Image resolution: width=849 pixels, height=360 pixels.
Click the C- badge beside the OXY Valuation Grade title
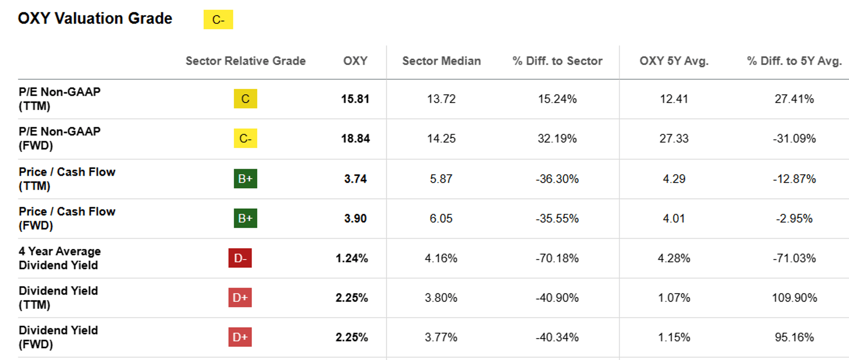point(218,20)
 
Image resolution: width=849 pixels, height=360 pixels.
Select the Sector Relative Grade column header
point(245,61)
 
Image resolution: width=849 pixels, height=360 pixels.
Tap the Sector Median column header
point(441,61)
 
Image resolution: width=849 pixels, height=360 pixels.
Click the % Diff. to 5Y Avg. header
point(794,61)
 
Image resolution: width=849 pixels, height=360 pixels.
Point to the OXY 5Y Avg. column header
point(674,61)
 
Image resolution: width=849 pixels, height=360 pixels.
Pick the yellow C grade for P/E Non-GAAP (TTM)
point(245,99)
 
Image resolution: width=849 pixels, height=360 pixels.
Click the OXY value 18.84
point(355,138)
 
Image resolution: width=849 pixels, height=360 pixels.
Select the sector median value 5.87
point(441,179)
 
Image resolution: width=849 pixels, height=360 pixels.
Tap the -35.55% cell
point(557,218)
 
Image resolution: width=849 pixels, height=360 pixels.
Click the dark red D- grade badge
point(240,258)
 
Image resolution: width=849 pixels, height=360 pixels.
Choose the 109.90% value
point(794,298)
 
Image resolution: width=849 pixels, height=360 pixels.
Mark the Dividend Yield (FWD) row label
point(58,337)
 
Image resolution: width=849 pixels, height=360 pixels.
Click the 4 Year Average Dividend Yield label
point(60,258)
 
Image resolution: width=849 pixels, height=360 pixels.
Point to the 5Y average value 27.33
point(674,138)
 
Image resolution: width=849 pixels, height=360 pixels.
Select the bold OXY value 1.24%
point(351,258)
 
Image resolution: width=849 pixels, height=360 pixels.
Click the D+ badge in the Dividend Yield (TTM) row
point(240,298)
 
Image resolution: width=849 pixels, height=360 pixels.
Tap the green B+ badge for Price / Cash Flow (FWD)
point(245,218)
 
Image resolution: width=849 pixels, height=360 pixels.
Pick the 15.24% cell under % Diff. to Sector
point(557,99)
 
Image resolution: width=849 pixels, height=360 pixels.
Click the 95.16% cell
point(794,337)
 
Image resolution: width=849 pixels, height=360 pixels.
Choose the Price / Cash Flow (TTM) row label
point(67,179)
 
